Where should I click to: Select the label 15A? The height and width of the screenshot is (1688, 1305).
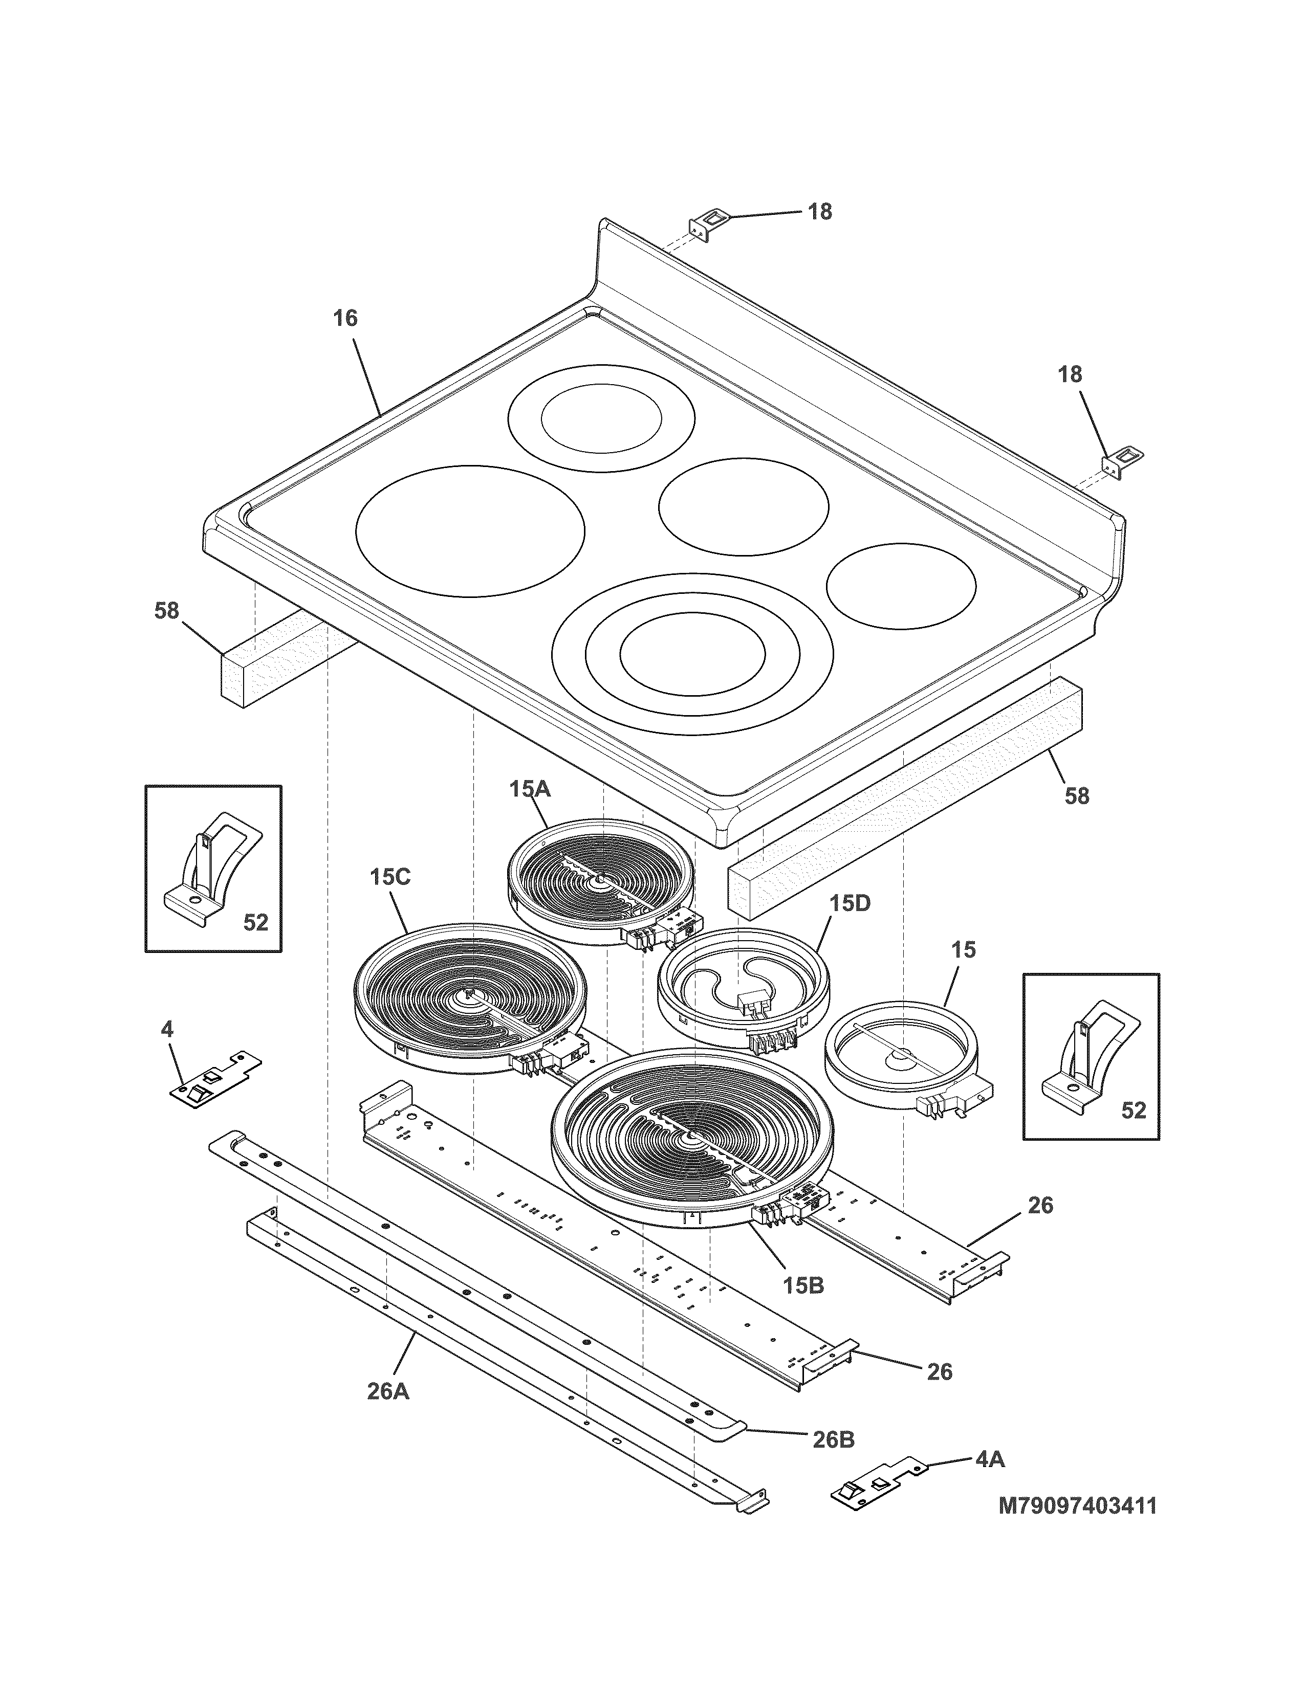point(530,789)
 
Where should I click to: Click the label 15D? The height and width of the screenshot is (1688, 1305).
point(851,903)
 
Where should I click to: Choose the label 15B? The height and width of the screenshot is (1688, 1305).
point(803,1285)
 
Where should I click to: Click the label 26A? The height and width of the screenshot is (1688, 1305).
point(388,1391)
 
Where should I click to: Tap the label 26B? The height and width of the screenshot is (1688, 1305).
point(833,1439)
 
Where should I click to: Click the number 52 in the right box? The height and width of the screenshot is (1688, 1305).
point(1134,1110)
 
